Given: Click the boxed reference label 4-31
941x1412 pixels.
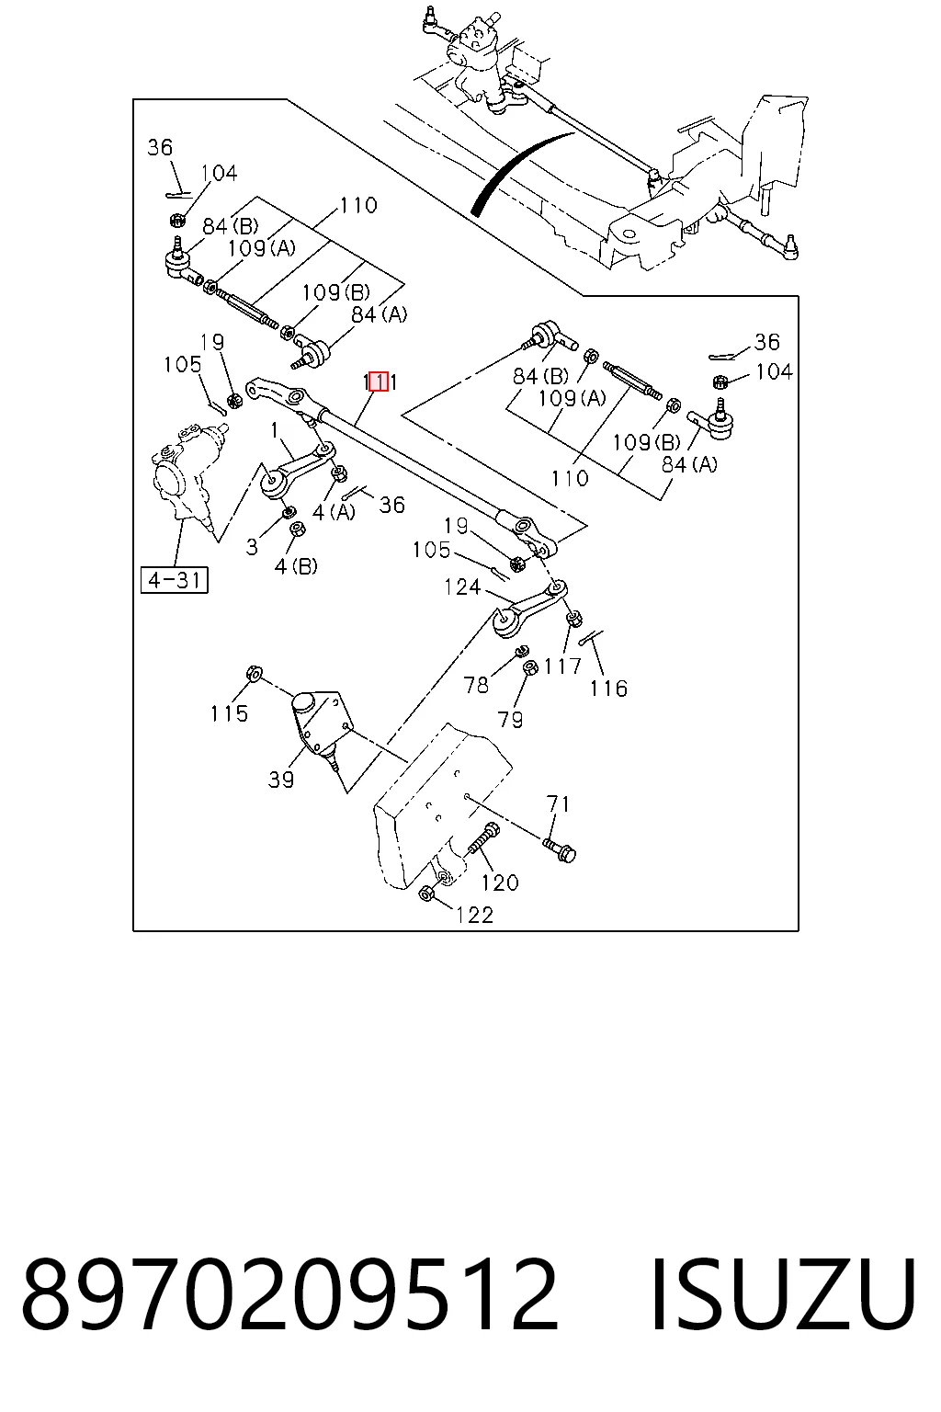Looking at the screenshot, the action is click(x=175, y=580).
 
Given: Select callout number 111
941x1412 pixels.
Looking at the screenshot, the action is click(x=380, y=382).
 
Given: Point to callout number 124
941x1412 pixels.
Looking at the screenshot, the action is click(x=462, y=587).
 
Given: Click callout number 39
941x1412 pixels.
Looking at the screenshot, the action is click(x=281, y=780).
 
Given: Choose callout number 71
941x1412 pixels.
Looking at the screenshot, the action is click(x=559, y=804).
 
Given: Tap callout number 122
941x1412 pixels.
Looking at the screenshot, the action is click(x=474, y=915).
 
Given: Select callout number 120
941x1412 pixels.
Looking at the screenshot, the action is click(x=500, y=882).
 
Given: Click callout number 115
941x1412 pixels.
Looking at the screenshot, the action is click(x=229, y=713).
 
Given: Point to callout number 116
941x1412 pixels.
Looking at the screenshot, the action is click(x=608, y=689).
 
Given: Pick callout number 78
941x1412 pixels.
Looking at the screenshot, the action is click(x=476, y=685).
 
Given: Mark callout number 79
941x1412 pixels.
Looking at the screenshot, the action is click(x=511, y=719).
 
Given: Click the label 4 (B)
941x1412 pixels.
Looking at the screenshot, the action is click(x=296, y=566).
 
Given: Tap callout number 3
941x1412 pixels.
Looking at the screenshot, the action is click(x=252, y=547).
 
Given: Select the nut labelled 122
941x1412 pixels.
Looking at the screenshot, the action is click(x=425, y=893).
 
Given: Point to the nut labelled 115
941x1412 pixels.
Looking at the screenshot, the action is click(x=255, y=673).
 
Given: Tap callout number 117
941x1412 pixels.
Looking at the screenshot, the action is click(x=562, y=666).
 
